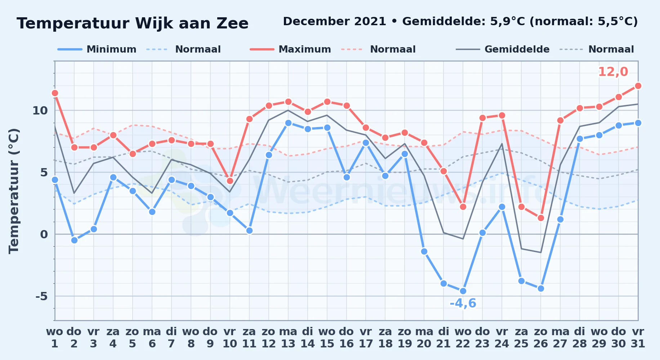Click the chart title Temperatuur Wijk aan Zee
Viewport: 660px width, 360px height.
click(133, 23)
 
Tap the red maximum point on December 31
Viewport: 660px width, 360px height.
click(638, 86)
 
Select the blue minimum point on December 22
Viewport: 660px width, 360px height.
click(463, 291)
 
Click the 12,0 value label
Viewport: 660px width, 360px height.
click(613, 72)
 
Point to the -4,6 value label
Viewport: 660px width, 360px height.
click(463, 303)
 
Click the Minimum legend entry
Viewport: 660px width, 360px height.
click(97, 49)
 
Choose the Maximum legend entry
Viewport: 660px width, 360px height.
click(290, 49)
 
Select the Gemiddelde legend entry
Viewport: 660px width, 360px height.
click(503, 49)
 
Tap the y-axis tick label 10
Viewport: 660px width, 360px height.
click(40, 111)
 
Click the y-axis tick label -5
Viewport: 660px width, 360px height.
click(41, 296)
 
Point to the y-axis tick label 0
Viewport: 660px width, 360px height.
click(44, 234)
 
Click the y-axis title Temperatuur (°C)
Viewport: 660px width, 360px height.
click(14, 191)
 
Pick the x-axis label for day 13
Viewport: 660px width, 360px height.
click(288, 338)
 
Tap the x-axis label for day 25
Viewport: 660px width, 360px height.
click(521, 338)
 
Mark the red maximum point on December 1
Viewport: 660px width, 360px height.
click(55, 93)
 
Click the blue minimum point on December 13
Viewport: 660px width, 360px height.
click(288, 123)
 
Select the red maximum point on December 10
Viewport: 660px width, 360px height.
click(230, 181)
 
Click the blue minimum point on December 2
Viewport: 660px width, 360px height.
click(74, 240)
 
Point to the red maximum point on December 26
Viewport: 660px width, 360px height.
click(541, 218)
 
